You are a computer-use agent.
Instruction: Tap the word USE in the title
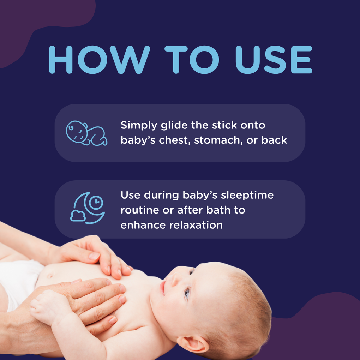pyautogui.click(x=274, y=59)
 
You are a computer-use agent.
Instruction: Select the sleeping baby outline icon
pyautogui.click(x=86, y=133)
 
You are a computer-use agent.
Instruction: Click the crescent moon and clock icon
pyautogui.click(x=88, y=208)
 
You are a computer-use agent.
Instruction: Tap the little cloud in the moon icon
pyautogui.click(x=78, y=216)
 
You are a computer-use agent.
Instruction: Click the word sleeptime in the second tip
pyautogui.click(x=247, y=196)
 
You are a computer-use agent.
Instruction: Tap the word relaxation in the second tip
pyautogui.click(x=196, y=225)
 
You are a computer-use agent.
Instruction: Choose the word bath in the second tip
pyautogui.click(x=218, y=210)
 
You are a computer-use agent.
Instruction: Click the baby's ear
pyautogui.click(x=193, y=344)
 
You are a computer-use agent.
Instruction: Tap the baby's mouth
pyautogui.click(x=163, y=288)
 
